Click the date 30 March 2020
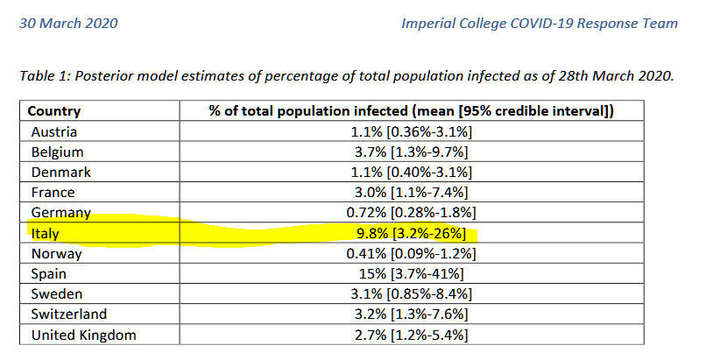click(x=68, y=23)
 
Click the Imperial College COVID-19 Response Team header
click(x=540, y=23)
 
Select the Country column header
click(x=54, y=111)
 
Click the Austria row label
click(x=54, y=131)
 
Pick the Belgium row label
click(x=57, y=152)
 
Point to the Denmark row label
click(x=61, y=173)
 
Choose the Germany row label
click(x=61, y=213)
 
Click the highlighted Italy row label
click(x=45, y=234)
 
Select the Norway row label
click(x=56, y=254)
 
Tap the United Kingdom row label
click(x=84, y=335)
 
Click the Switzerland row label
click(x=69, y=314)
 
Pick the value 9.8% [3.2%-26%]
click(x=411, y=234)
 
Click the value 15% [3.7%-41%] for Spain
click(x=411, y=273)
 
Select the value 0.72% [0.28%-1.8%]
click(x=411, y=213)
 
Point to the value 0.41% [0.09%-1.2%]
click(x=411, y=254)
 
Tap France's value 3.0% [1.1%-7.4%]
click(x=411, y=193)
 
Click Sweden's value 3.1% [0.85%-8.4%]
click(x=411, y=294)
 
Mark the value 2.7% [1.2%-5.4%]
click(x=411, y=335)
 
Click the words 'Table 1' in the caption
click(x=44, y=76)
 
